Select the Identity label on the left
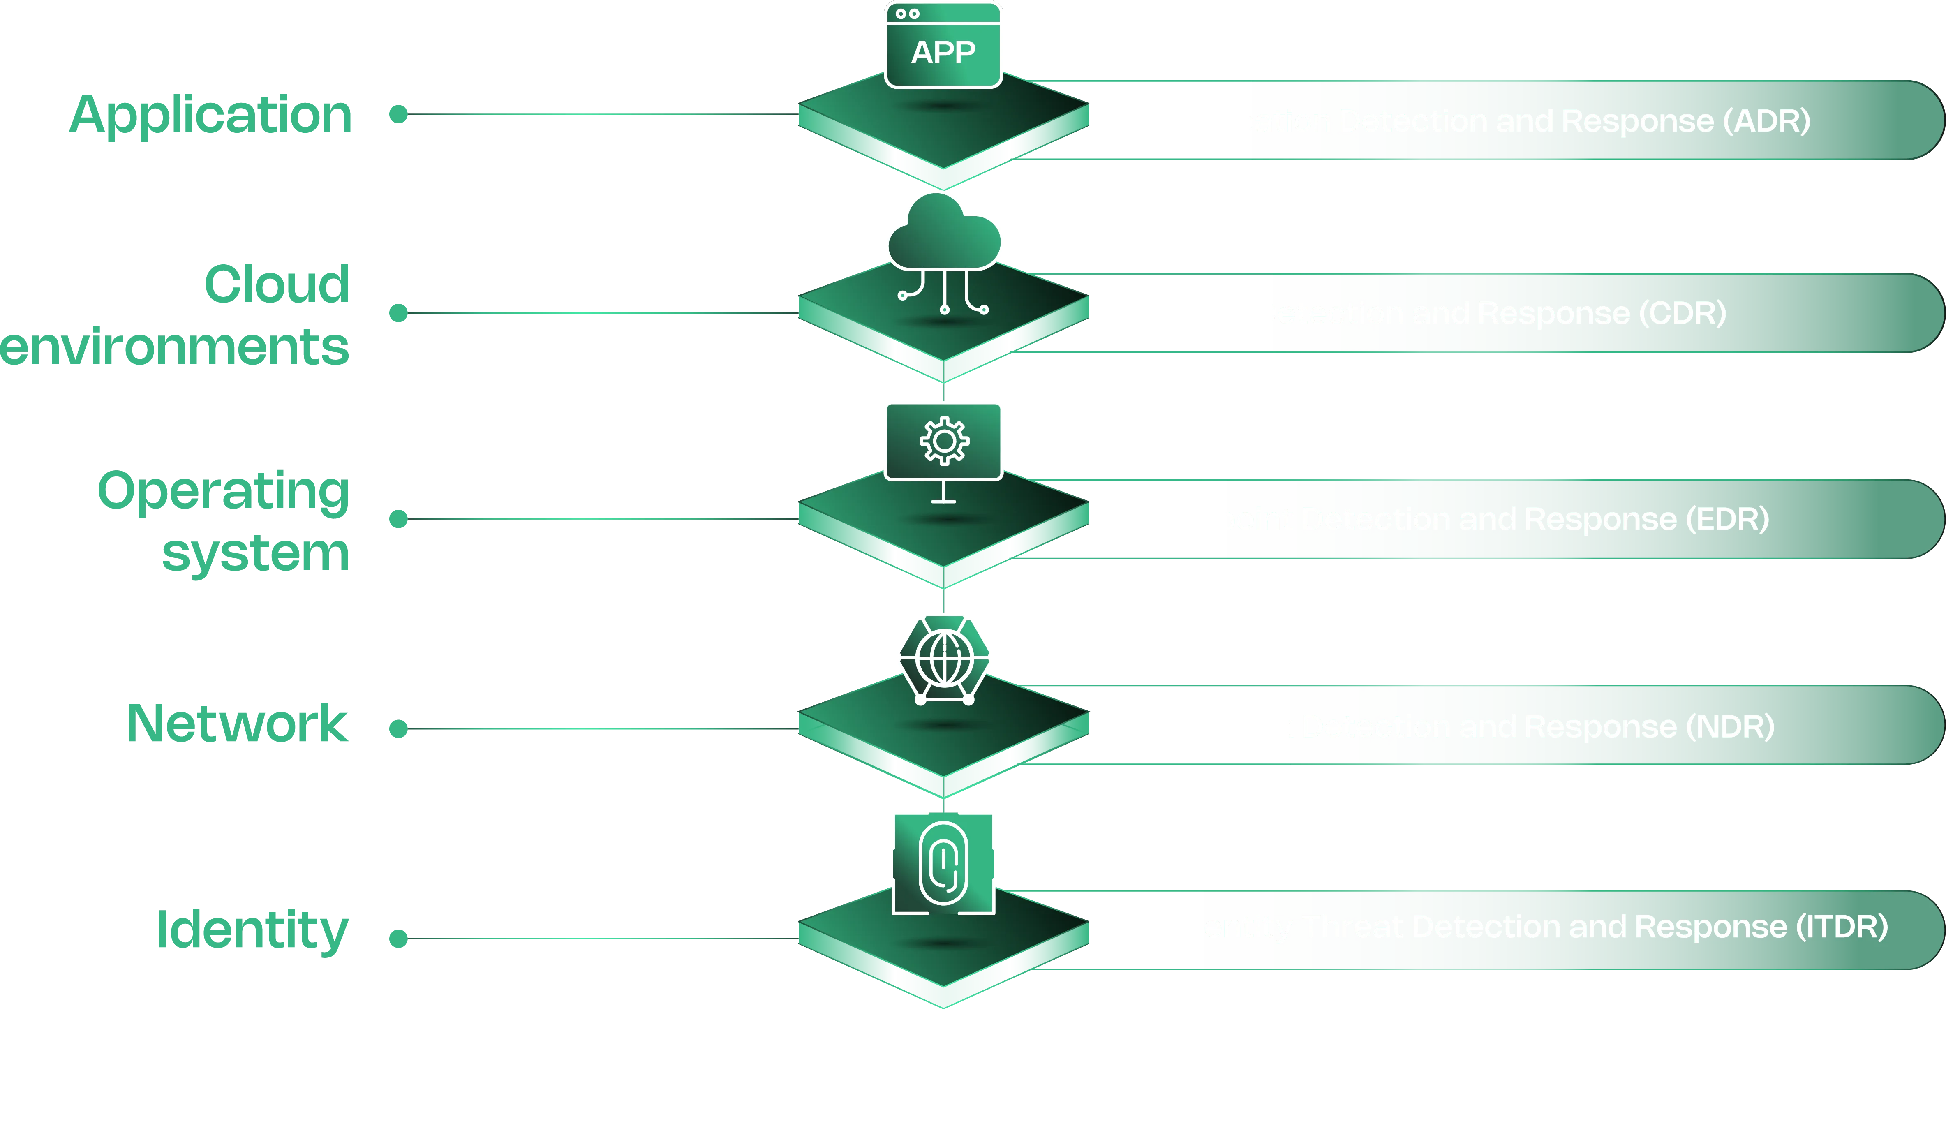(x=253, y=931)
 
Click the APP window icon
(x=943, y=46)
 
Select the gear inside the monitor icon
(x=944, y=441)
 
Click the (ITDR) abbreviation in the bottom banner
(x=1842, y=926)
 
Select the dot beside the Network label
(x=398, y=728)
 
